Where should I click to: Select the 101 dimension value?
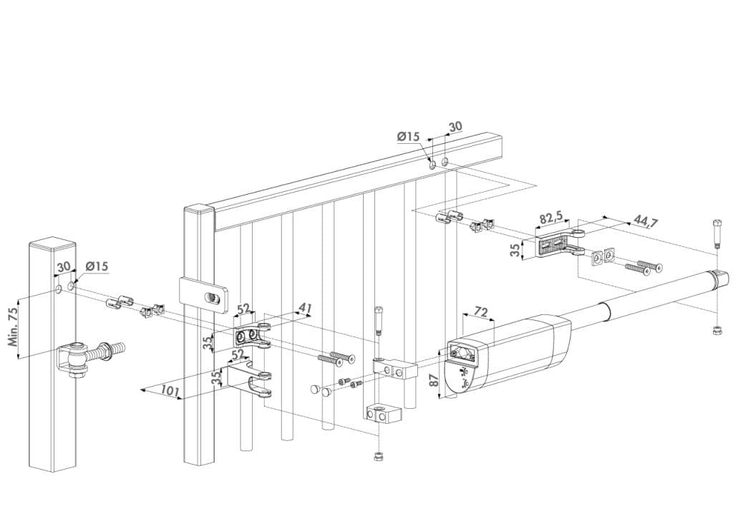point(168,391)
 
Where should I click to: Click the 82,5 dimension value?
point(550,216)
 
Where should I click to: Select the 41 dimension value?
point(305,309)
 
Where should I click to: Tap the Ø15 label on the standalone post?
point(95,266)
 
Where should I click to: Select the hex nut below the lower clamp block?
point(376,456)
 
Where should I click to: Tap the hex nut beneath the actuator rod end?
point(716,329)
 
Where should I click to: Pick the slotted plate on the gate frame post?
point(204,294)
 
